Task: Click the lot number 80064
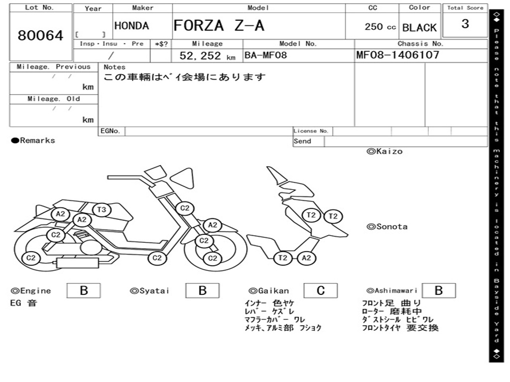click(40, 35)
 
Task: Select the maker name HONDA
click(131, 26)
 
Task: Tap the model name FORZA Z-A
click(219, 25)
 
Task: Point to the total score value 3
click(465, 24)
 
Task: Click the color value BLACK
click(419, 28)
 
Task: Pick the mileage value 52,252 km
click(207, 56)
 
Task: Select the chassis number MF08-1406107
click(397, 55)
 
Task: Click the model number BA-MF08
click(265, 55)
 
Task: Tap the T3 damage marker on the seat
click(102, 209)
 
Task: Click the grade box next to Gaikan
click(320, 290)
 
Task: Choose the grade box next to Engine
click(84, 290)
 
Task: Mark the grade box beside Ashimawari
click(439, 290)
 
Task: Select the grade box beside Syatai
click(202, 290)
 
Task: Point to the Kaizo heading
click(384, 151)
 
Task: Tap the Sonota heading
click(387, 227)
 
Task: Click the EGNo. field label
click(110, 131)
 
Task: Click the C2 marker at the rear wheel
click(31, 258)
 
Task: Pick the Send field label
click(302, 141)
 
